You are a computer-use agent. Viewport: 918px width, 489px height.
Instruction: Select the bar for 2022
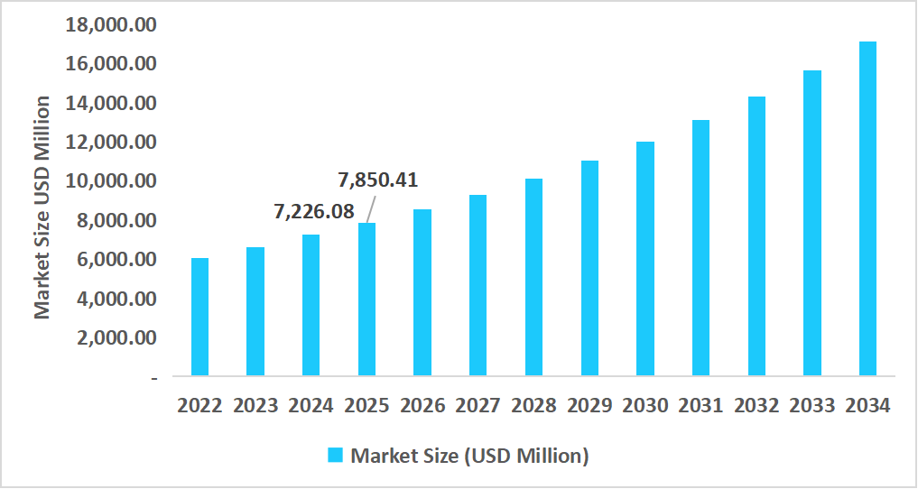[199, 317]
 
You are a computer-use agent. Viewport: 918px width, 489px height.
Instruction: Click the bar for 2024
[311, 305]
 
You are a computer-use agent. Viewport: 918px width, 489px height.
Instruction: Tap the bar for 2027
[478, 285]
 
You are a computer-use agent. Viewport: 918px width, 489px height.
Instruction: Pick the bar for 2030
[644, 258]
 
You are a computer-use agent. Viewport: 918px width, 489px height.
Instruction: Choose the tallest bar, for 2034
[867, 208]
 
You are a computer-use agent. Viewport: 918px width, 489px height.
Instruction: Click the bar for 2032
[756, 235]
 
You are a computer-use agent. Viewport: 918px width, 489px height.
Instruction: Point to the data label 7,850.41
[378, 180]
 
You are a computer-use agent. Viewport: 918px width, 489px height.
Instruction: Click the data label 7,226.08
[313, 212]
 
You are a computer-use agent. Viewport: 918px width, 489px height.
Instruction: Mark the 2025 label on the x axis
[366, 405]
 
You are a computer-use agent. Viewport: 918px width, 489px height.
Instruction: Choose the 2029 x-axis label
[589, 405]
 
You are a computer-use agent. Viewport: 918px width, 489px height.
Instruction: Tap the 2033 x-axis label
[812, 405]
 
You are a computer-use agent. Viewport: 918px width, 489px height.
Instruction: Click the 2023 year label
[255, 405]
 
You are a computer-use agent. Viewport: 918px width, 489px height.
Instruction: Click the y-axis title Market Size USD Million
[42, 207]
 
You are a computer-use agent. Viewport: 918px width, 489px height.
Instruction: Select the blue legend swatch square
[336, 456]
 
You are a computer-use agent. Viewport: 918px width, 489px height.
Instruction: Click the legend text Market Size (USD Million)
[469, 456]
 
